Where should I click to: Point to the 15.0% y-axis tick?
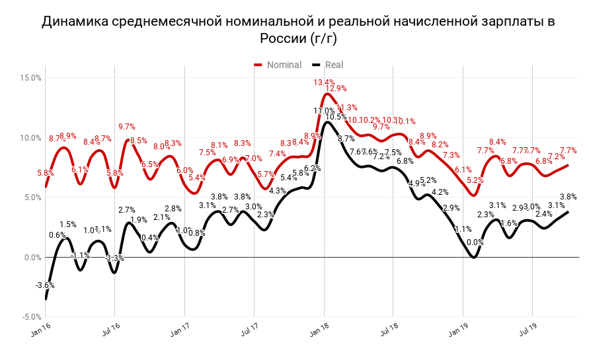point(31,78)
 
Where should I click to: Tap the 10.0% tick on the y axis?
point(31,138)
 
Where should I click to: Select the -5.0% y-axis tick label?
point(31,317)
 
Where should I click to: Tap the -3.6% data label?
point(45,285)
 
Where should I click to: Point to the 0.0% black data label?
point(475,242)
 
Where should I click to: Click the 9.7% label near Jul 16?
point(126,127)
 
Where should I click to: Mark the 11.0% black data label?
point(323,111)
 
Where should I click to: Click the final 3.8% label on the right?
point(568,196)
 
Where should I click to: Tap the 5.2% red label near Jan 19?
point(475,180)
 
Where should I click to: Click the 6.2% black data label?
point(312,168)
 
